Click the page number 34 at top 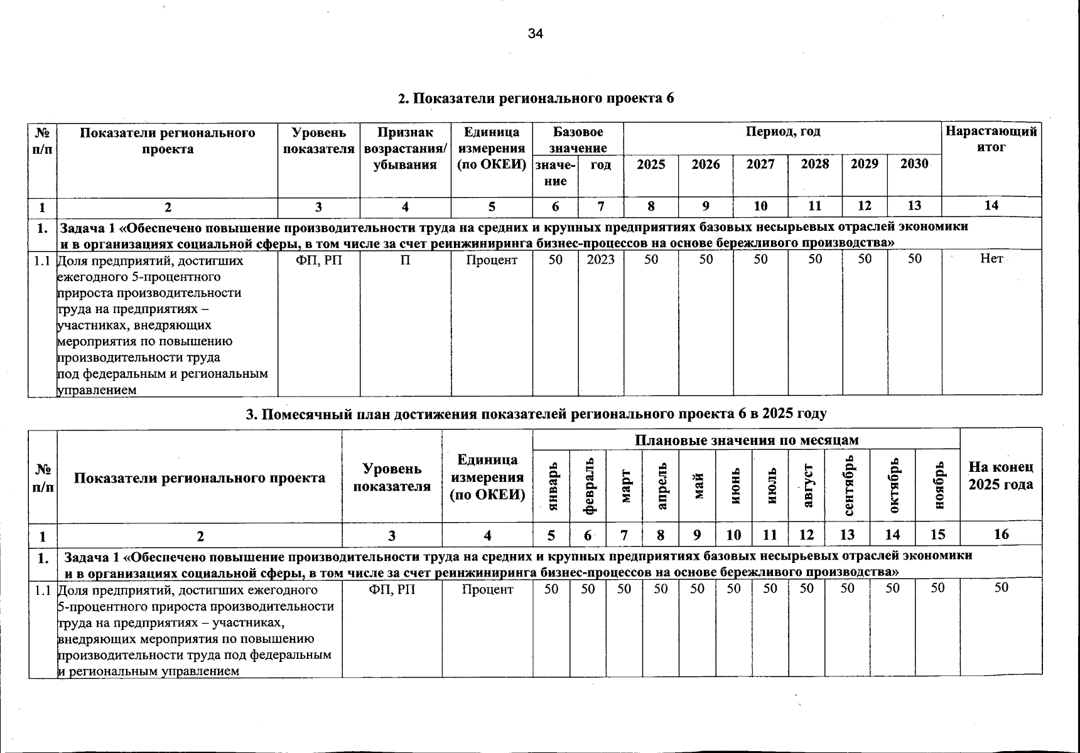(x=535, y=34)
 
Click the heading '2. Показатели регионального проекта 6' (x=536, y=99)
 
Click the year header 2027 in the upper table (x=760, y=164)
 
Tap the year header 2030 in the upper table (x=914, y=164)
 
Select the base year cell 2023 (x=601, y=259)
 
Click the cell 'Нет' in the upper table (x=991, y=259)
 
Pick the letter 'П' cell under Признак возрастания (x=405, y=259)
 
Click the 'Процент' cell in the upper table (x=492, y=259)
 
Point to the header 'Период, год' (x=782, y=132)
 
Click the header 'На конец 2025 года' (x=1001, y=476)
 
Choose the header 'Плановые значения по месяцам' (x=746, y=440)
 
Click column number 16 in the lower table (x=1001, y=535)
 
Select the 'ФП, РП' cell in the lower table (x=392, y=589)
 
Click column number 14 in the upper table (x=991, y=205)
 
